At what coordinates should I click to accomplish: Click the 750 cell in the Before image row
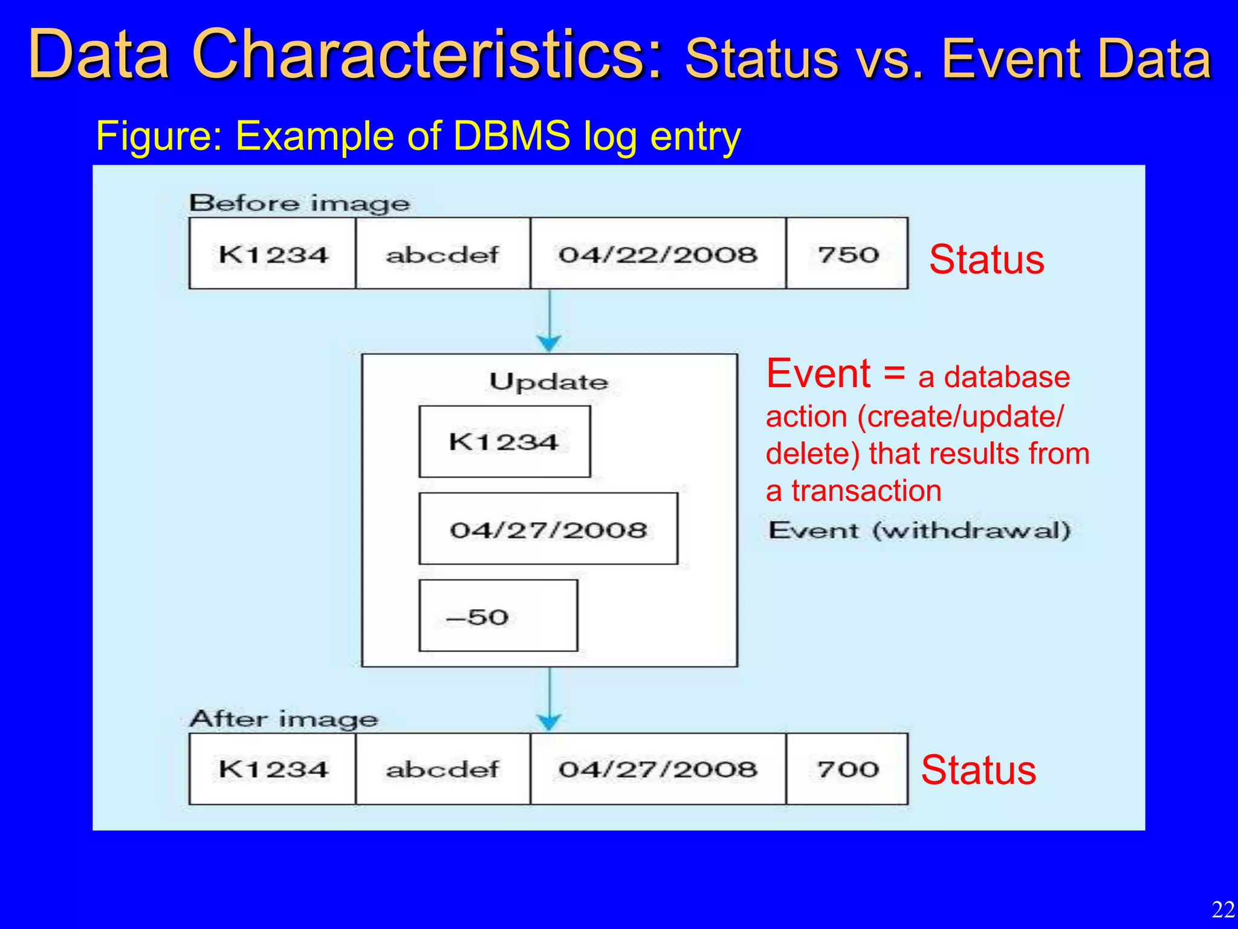(847, 253)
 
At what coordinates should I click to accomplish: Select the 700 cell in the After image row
(847, 769)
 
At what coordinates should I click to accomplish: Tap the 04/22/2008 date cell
(658, 253)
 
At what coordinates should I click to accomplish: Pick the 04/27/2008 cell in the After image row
(658, 769)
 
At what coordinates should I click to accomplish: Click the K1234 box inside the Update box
(504, 442)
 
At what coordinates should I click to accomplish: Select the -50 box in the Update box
(498, 616)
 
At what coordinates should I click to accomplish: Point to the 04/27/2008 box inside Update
(548, 529)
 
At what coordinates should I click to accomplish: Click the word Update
(548, 382)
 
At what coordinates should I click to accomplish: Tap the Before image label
(300, 203)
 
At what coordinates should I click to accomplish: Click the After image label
(284, 719)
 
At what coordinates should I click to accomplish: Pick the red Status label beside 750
(986, 259)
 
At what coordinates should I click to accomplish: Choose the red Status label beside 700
(978, 770)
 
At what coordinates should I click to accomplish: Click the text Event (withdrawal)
(919, 530)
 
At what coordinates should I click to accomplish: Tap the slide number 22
(1222, 909)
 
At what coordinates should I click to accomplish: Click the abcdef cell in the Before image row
(442, 253)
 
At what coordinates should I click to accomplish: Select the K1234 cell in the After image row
(273, 769)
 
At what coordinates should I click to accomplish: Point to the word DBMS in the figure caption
(511, 135)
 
